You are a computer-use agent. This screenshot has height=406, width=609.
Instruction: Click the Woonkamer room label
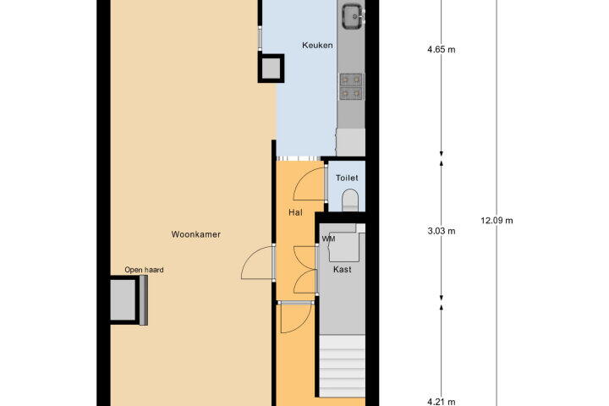coord(195,234)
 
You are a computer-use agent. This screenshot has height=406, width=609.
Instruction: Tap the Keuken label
coord(317,45)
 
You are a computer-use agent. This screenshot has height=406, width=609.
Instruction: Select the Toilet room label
coord(347,178)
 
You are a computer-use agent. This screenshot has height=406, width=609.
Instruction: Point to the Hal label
coord(295,212)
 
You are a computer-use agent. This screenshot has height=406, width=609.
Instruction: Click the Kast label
coord(343,269)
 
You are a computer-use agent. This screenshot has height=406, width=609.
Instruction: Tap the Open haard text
coord(144,270)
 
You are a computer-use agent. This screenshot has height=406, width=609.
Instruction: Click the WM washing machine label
coord(328,239)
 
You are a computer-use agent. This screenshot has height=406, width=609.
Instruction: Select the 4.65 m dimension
coord(442,49)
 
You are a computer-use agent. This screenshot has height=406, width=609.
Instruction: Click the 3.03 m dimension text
coord(442,231)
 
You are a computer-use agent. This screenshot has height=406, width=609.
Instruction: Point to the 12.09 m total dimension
coord(497,220)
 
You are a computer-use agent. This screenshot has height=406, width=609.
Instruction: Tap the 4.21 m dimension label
coord(442,402)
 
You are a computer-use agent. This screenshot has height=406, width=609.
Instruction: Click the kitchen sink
coord(353,16)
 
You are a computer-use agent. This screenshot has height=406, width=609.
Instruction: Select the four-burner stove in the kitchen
coord(351,86)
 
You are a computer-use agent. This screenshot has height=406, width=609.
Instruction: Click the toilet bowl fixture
coord(349,200)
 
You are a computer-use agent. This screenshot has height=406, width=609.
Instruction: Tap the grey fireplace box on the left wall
coord(123,299)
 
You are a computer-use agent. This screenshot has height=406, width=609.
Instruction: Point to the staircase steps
coord(343,365)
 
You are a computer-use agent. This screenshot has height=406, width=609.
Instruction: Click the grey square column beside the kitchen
coord(271,69)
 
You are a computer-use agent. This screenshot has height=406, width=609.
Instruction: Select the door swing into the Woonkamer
coord(257,262)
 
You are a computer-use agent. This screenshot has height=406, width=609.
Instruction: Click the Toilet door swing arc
coord(309,183)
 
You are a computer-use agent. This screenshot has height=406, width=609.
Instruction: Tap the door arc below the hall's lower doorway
coord(296,318)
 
